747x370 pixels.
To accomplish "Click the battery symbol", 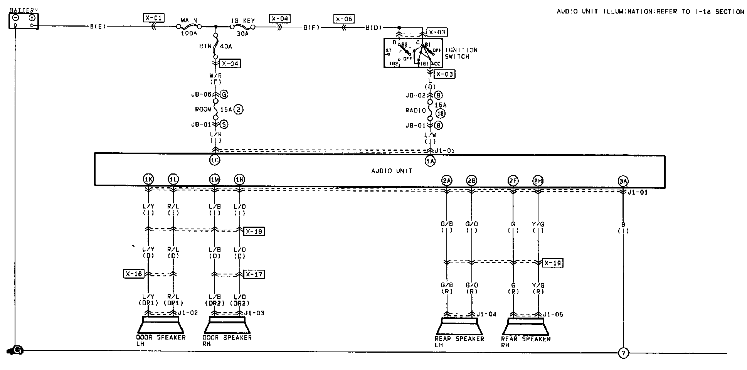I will pos(24,21).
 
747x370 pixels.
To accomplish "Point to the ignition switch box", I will pos(413,53).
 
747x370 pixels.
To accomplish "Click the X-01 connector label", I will pos(153,18).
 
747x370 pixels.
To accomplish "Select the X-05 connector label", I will pos(344,18).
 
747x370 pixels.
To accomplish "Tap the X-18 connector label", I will pos(254,231).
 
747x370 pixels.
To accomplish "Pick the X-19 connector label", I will pos(553,263).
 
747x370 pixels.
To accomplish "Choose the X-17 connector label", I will pos(254,274).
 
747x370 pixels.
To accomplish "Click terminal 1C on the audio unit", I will pos(215,160).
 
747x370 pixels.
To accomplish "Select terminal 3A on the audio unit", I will pos(623,180).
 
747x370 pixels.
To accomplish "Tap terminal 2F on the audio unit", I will pos(513,180).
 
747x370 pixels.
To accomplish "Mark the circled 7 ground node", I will pos(623,353).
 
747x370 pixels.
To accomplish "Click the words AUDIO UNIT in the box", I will pos(391,171).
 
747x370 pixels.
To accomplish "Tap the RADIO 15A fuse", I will pos(430,110).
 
